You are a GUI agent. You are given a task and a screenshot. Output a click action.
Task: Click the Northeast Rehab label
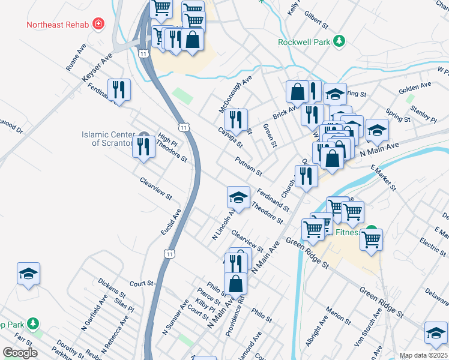tap(57, 25)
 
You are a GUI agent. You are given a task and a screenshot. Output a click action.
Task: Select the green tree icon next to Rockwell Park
tap(340, 41)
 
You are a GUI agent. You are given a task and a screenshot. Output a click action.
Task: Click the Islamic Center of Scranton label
tap(107, 139)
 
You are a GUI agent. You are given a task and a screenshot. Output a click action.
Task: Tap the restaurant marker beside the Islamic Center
tap(143, 146)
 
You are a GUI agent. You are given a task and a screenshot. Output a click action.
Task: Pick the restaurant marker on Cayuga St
tap(236, 119)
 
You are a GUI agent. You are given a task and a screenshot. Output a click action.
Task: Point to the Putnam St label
tap(249, 166)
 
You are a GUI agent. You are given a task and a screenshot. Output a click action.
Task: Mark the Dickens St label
tap(111, 287)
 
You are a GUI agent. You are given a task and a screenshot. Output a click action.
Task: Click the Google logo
tap(20, 353)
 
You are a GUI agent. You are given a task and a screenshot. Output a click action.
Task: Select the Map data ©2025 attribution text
tap(423, 355)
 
